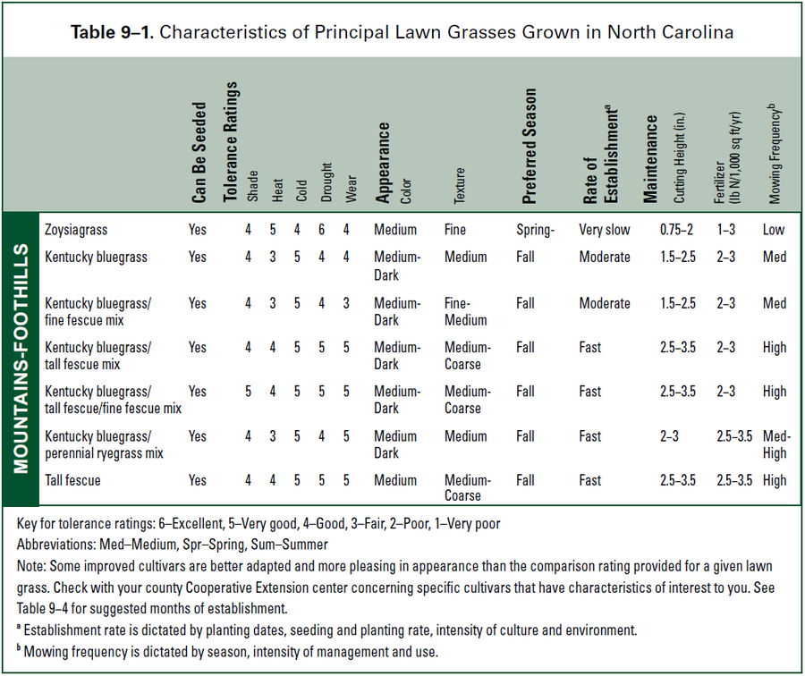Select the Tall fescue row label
click(72, 480)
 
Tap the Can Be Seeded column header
click(199, 154)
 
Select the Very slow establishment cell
click(605, 230)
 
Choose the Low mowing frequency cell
click(774, 230)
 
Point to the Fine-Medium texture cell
click(466, 311)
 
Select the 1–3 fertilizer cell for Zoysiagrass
click(725, 230)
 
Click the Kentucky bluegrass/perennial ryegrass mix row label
click(104, 444)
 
